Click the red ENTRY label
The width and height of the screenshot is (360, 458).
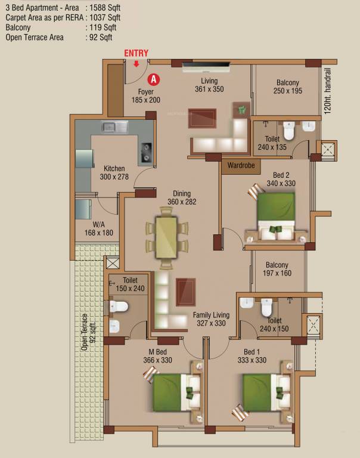[136, 53]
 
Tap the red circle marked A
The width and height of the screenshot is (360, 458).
[154, 79]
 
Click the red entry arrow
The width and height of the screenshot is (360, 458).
[136, 64]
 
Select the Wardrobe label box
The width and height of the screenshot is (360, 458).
[241, 165]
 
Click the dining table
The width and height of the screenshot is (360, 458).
[166, 237]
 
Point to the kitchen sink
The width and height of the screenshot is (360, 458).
[115, 128]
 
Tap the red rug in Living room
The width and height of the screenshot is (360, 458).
[202, 118]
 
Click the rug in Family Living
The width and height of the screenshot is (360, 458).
[186, 292]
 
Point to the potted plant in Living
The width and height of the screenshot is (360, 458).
[241, 110]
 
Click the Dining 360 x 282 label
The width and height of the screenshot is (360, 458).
[182, 198]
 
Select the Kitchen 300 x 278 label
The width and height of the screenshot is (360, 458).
[114, 172]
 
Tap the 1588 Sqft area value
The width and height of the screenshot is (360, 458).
[105, 8]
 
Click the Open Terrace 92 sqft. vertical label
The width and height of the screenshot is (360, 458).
[88, 332]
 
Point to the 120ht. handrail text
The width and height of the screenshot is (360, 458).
[328, 91]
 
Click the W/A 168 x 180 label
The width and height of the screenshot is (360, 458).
[99, 229]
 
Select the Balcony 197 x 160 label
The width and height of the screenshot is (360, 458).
[277, 269]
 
